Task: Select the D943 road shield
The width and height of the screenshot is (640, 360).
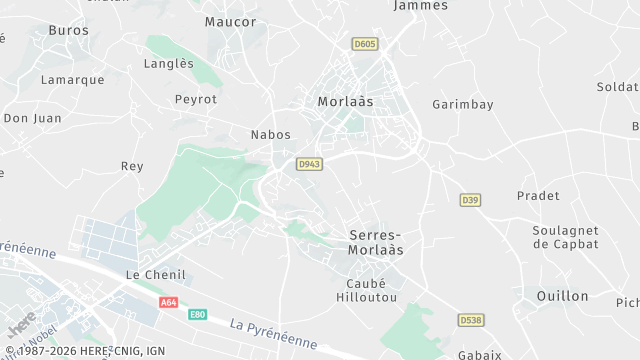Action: click(x=308, y=164)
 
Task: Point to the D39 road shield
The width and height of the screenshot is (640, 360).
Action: click(x=470, y=200)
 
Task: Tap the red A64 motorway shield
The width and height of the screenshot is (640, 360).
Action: click(x=168, y=301)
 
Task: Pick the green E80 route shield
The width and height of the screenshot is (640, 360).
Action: click(x=198, y=314)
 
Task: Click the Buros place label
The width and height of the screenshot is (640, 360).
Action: click(x=68, y=31)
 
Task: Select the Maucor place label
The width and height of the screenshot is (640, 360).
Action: click(x=230, y=21)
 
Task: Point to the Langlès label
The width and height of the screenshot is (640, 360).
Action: click(x=169, y=63)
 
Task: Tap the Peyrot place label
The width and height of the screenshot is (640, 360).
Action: click(x=195, y=99)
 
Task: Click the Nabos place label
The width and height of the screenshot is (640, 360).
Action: click(x=270, y=134)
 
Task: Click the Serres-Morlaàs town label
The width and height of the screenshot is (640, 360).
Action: click(x=376, y=242)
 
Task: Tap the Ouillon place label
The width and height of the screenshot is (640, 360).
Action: click(x=562, y=295)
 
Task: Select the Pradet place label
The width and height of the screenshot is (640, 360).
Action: click(x=538, y=195)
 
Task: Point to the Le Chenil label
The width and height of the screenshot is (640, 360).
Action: click(x=150, y=273)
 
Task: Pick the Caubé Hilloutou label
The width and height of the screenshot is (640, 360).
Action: click(x=359, y=290)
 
